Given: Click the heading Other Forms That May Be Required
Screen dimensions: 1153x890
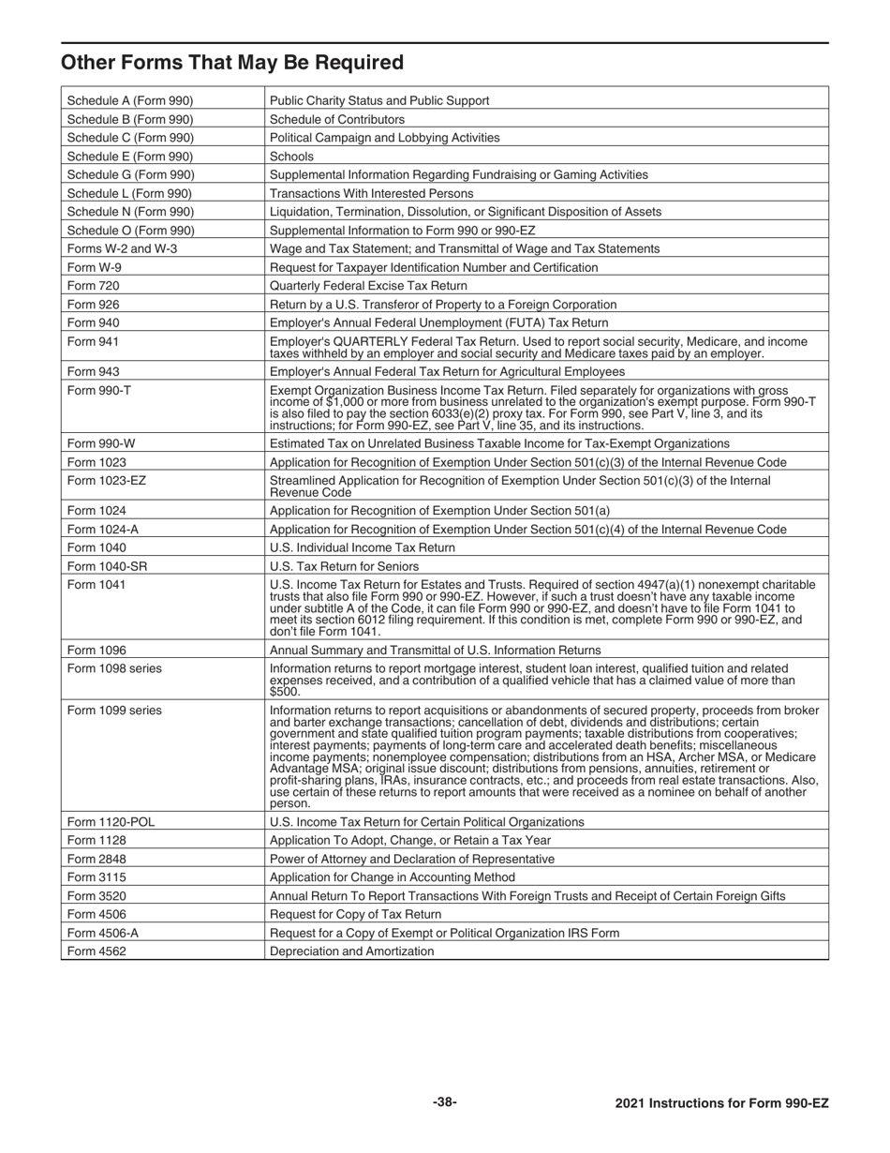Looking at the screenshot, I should coord(232,63).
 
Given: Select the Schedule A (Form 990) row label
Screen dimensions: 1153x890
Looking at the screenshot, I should coord(130,100).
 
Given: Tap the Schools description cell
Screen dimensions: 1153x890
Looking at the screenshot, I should coord(291,157).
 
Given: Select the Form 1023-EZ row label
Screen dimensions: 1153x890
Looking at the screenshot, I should coord(107,481).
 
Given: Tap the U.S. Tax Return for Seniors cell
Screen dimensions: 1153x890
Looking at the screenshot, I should coord(344,566).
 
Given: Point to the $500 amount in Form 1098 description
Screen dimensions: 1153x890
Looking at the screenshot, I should coord(284,692).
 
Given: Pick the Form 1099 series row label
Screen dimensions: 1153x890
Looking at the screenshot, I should coord(114,711).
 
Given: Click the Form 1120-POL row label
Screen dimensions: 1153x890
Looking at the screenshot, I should coord(111,822).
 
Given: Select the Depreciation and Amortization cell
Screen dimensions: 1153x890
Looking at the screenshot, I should coord(351,951).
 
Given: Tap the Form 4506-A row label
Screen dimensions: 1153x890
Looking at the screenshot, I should coord(104,933).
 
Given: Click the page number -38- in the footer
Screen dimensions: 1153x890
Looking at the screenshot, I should coord(445,1102).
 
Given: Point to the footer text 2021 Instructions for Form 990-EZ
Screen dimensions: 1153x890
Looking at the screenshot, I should coord(721,1103).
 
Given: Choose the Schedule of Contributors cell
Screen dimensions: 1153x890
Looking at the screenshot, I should coord(337,119).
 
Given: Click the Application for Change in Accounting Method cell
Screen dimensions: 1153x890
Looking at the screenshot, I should coord(392,877).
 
